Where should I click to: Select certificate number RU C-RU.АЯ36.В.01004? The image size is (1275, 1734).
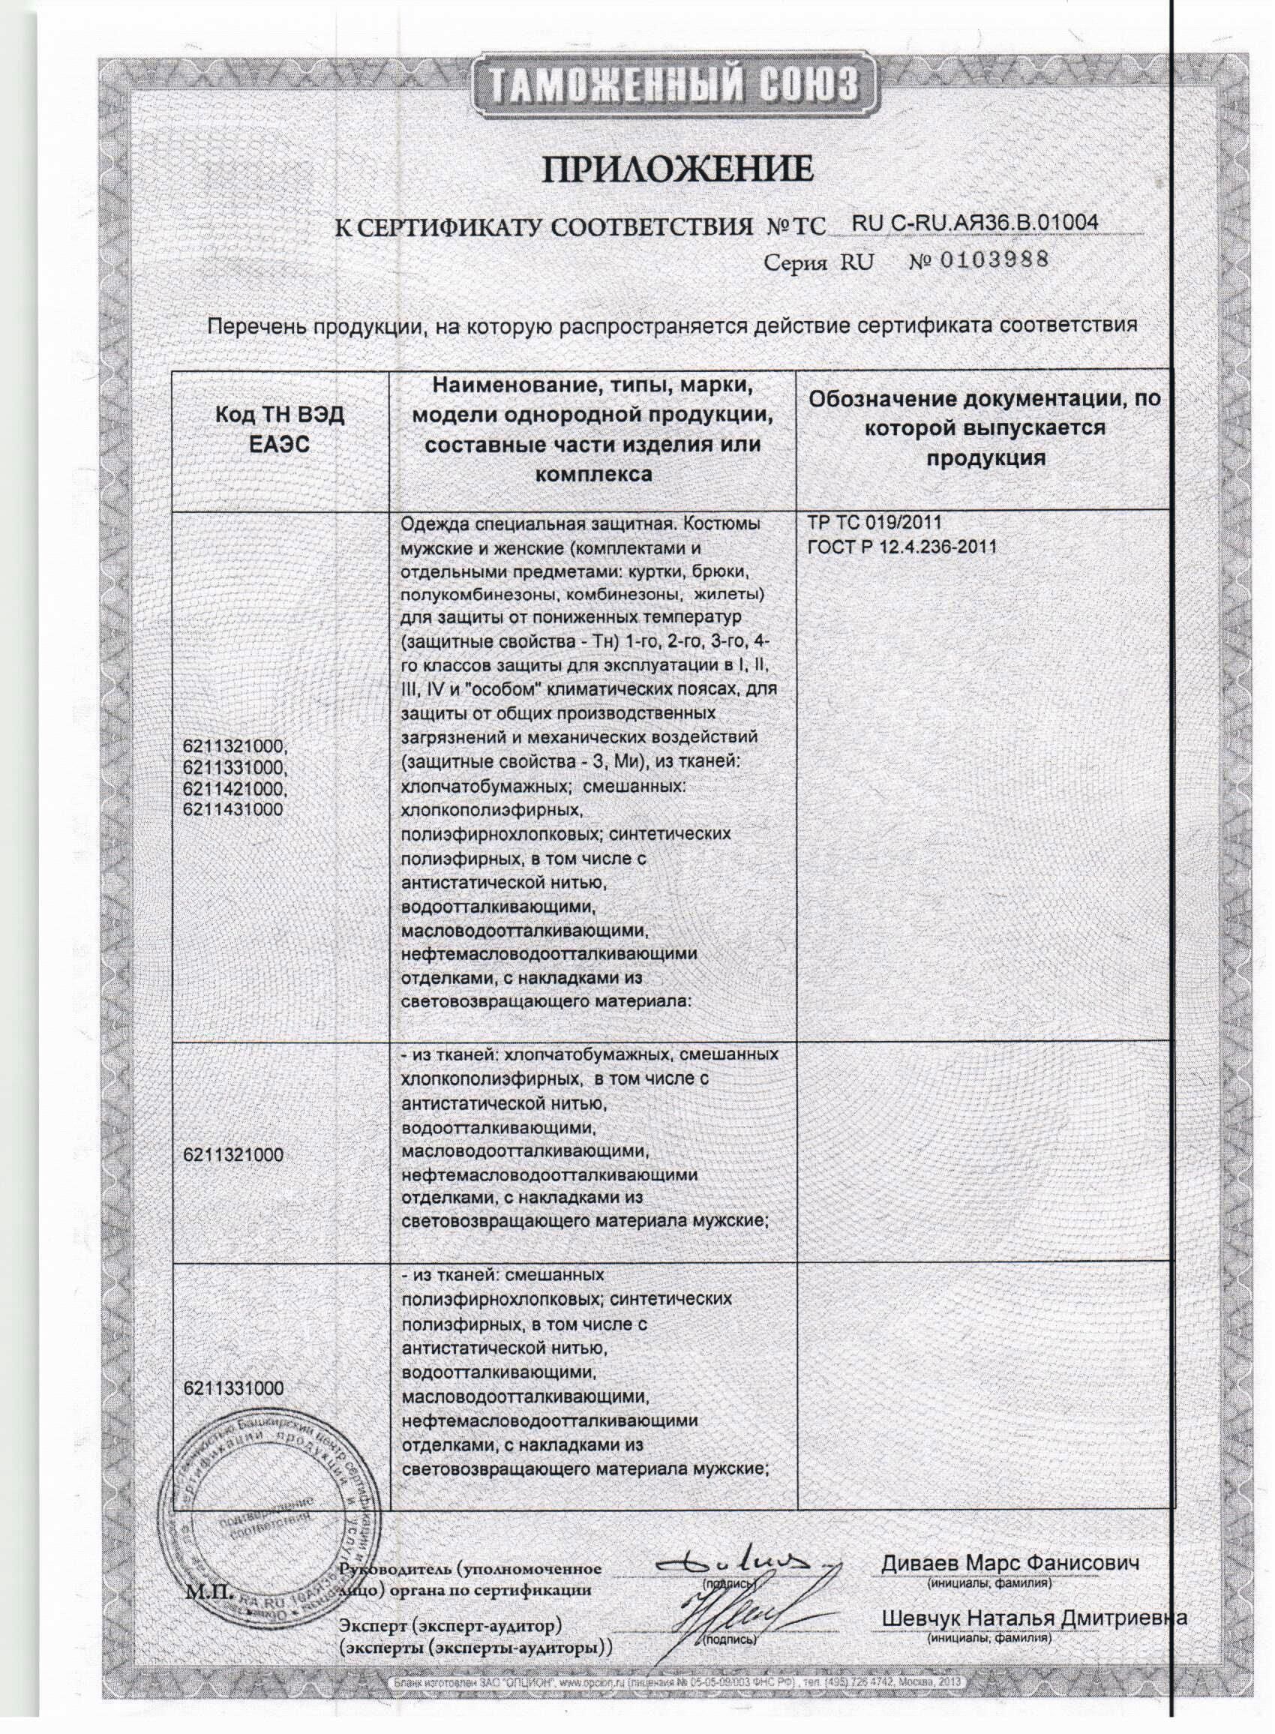974,222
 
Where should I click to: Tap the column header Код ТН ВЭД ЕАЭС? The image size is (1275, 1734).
280,430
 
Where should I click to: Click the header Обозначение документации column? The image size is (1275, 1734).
985,428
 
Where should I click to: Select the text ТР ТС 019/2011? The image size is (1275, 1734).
874,523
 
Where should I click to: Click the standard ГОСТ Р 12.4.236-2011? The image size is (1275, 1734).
901,547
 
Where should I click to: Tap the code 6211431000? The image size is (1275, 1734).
233,809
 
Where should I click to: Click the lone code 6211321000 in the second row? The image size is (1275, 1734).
233,1155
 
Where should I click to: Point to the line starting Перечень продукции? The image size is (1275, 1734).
672,325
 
